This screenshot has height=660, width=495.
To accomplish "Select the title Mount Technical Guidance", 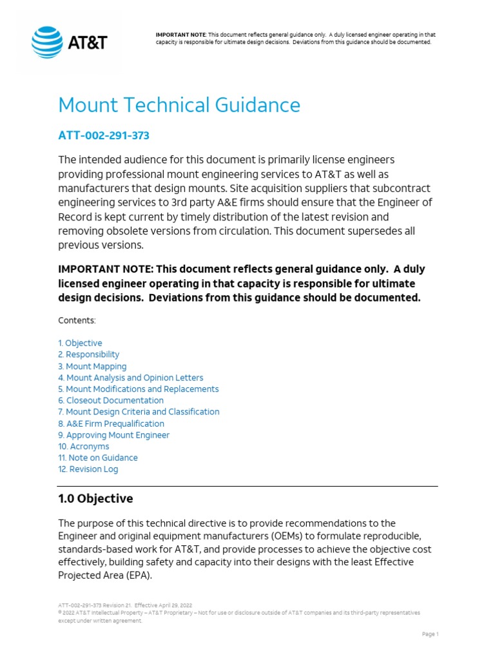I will (x=179, y=105).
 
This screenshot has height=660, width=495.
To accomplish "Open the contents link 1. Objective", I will (x=80, y=343).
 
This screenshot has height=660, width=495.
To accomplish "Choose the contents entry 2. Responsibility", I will (x=88, y=354).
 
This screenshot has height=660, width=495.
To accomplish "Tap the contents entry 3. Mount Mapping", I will (x=92, y=366).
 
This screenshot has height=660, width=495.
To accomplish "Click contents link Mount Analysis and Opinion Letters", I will (x=130, y=378).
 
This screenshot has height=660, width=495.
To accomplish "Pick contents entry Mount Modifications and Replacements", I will (x=138, y=389).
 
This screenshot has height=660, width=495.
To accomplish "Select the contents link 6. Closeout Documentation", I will (x=111, y=400).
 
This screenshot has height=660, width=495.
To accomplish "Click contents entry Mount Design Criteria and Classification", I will (x=139, y=412).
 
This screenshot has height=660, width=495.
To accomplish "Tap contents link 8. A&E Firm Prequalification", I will (x=111, y=423).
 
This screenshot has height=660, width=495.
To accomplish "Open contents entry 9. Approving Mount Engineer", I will (x=113, y=435).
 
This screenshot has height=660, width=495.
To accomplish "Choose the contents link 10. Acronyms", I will (x=84, y=446).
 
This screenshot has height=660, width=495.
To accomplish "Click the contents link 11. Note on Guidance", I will (x=98, y=458).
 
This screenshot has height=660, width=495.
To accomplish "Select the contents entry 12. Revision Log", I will (x=88, y=469).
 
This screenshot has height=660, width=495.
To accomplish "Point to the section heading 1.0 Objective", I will (x=95, y=498).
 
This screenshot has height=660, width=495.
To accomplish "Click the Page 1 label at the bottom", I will (x=430, y=634).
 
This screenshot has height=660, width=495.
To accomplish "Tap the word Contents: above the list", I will (x=77, y=320).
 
